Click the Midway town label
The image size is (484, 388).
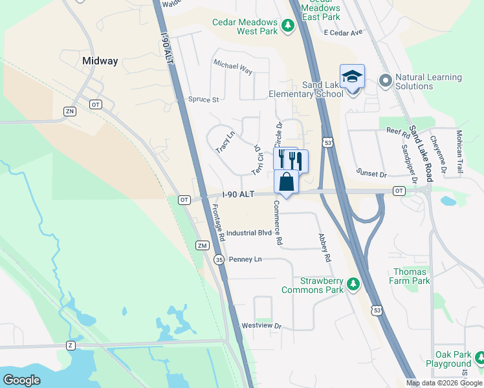click(100, 61)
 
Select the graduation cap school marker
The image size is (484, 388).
click(352, 77)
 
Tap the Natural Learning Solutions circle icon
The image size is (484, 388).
click(386, 81)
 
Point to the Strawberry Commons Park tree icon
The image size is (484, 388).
click(353, 283)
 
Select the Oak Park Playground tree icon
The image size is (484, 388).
click(479, 357)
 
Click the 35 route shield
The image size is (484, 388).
click(219, 259)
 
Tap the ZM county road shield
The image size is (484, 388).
click(202, 245)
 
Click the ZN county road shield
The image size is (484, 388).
click(70, 111)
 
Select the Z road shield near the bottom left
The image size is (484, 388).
click(70, 345)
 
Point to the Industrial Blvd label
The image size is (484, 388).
click(249, 233)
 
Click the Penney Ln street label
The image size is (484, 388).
click(245, 259)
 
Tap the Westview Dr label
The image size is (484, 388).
click(261, 326)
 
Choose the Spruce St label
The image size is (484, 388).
click(204, 100)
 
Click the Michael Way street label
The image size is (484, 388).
click(233, 65)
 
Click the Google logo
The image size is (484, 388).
click(21, 380)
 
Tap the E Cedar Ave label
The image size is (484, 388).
click(344, 32)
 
